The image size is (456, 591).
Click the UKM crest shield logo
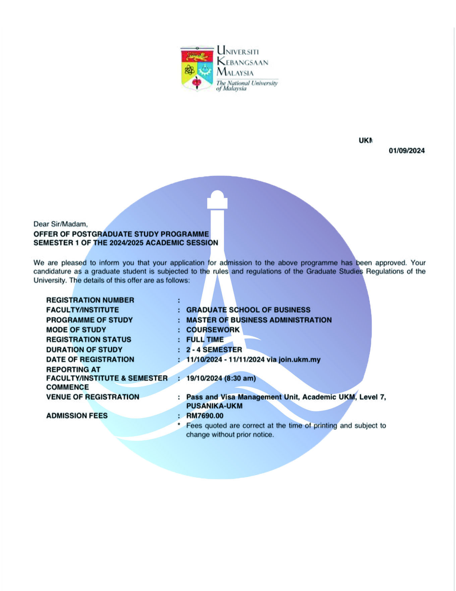click(x=197, y=69)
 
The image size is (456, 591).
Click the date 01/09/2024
click(x=406, y=151)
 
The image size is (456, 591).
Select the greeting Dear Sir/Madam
click(x=60, y=224)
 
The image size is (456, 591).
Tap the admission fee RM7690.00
click(x=205, y=416)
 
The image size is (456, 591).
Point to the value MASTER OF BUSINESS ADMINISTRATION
click(x=259, y=320)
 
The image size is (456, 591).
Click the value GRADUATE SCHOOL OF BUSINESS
click(x=248, y=310)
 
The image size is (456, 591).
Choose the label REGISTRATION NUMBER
click(x=90, y=300)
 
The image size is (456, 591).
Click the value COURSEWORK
click(x=213, y=330)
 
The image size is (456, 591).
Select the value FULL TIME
click(x=205, y=339)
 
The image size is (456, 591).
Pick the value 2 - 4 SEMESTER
click(x=214, y=350)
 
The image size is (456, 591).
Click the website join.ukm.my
click(x=299, y=360)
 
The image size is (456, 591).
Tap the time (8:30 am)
click(x=240, y=378)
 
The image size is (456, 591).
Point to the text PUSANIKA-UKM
click(x=214, y=406)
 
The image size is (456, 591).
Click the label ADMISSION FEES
click(x=77, y=416)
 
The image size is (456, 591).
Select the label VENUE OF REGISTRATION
click(x=93, y=397)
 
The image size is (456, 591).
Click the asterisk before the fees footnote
click(x=179, y=425)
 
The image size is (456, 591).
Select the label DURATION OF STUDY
click(x=84, y=350)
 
